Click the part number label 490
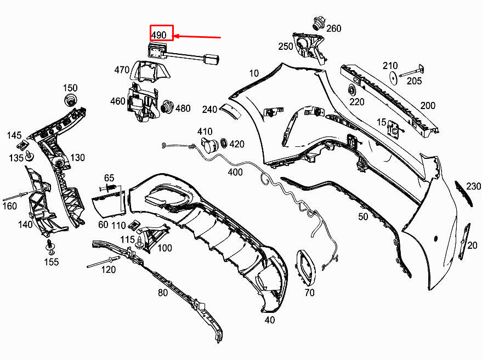(x=159, y=35)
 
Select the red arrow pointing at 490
(x=197, y=38)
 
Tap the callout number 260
(x=333, y=28)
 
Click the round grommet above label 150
(x=70, y=100)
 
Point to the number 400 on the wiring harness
(x=235, y=172)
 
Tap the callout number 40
(x=269, y=320)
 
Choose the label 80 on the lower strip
(x=163, y=293)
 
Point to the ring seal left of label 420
(x=223, y=144)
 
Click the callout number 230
(x=473, y=187)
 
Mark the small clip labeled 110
(x=134, y=225)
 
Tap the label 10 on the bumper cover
(x=253, y=73)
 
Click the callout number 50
(x=363, y=217)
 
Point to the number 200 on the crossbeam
(x=427, y=106)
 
